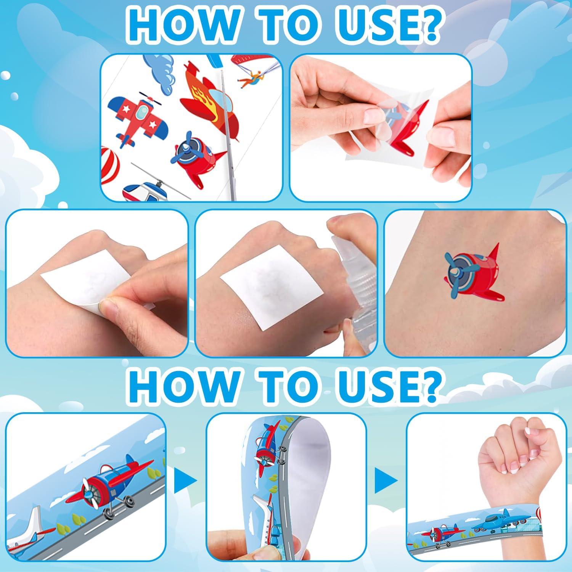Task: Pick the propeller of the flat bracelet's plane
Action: coord(90,496)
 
